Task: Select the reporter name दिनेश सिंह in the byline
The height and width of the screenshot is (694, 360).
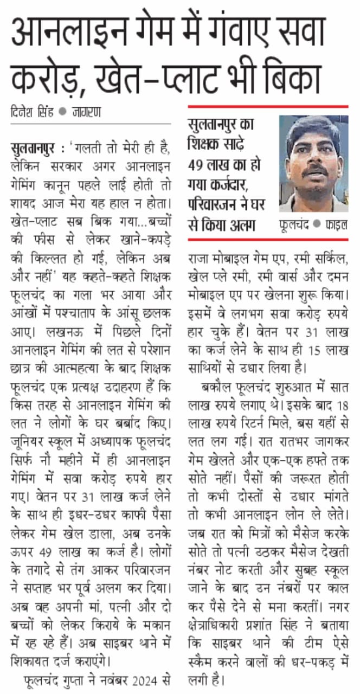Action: point(32,112)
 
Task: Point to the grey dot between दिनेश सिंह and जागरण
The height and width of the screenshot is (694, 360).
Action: point(62,112)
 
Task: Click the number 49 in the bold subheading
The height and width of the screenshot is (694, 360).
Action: point(197,165)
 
